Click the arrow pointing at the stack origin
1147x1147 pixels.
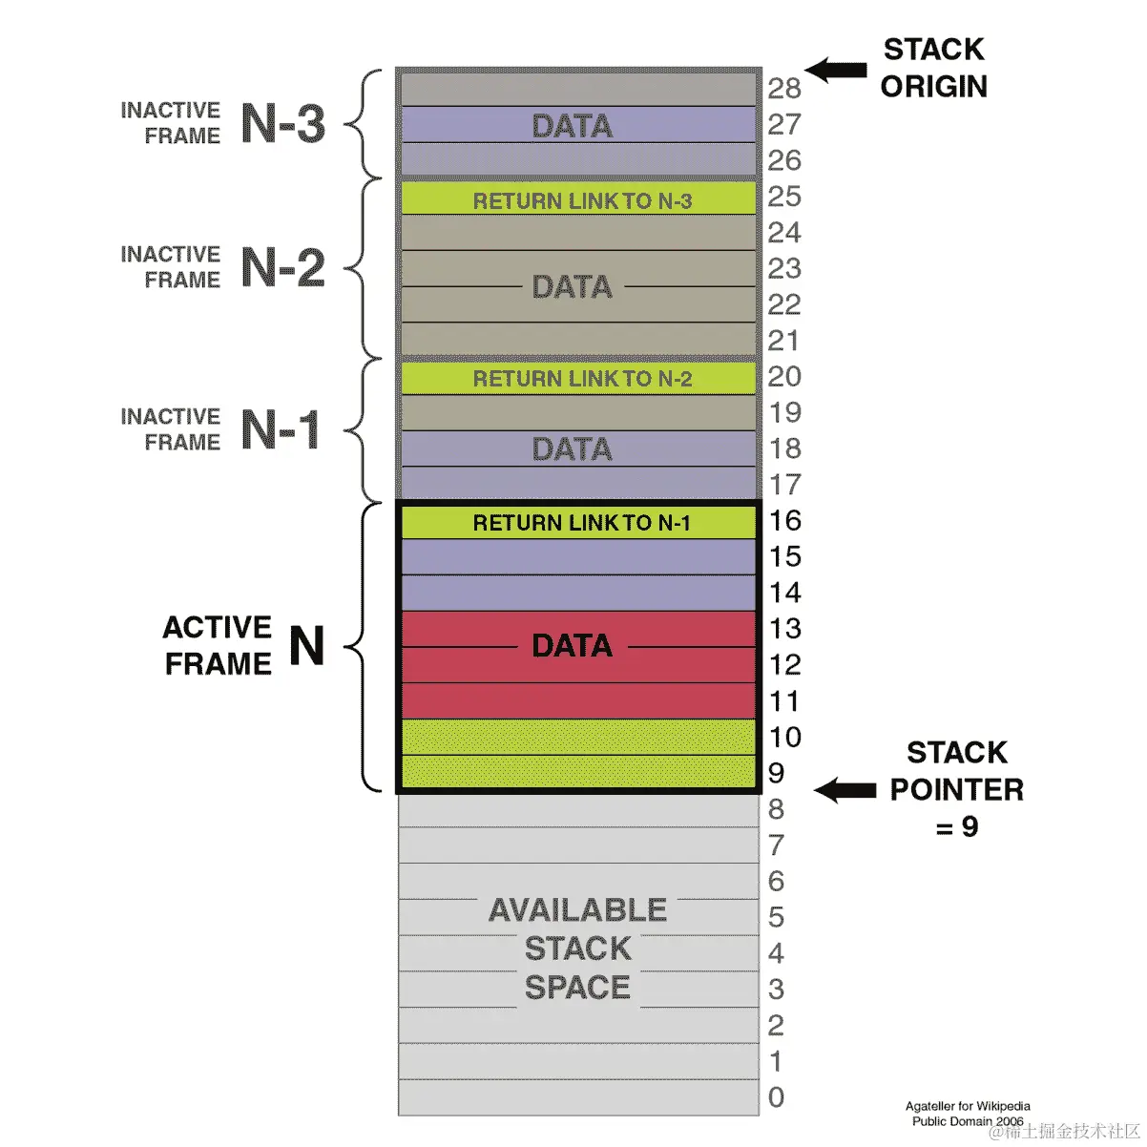point(836,70)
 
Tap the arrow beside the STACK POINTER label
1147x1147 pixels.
point(845,790)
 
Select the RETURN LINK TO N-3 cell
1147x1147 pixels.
point(578,199)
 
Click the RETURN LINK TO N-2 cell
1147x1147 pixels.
point(578,379)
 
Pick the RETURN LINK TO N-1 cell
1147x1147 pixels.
point(578,522)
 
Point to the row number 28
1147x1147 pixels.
point(784,89)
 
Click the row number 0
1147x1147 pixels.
point(777,1097)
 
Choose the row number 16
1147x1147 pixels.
point(784,521)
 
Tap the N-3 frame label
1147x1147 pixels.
point(282,124)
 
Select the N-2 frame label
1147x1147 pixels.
point(282,268)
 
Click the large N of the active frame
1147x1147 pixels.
point(306,646)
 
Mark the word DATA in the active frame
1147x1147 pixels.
point(572,646)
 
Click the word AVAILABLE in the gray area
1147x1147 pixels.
point(577,910)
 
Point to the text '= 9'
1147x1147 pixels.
point(957,826)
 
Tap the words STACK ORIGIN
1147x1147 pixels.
point(933,68)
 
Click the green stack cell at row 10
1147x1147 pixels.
point(578,737)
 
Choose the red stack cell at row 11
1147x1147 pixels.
point(578,700)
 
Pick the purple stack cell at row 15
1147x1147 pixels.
point(578,557)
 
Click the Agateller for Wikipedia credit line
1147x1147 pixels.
point(968,1106)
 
